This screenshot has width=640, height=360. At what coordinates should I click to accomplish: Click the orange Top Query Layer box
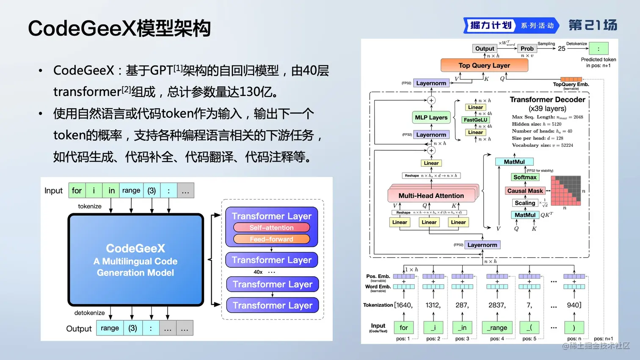(484, 65)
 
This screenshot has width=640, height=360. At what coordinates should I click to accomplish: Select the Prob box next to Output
(527, 49)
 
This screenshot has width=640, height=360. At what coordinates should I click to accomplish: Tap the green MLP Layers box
(431, 117)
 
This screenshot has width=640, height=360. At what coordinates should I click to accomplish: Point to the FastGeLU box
(475, 120)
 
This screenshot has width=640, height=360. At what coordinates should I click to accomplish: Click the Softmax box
(525, 177)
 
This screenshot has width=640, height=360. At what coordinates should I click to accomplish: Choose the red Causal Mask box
(525, 191)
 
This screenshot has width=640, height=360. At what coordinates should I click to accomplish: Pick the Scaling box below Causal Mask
(525, 203)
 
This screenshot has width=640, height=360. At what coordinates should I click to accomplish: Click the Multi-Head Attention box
(431, 195)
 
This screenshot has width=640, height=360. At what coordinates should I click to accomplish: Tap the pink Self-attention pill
(271, 228)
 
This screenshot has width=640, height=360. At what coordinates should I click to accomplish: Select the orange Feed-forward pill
(271, 239)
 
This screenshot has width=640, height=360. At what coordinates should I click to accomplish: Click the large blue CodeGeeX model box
(135, 260)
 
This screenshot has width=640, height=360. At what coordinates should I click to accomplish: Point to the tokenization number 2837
(497, 305)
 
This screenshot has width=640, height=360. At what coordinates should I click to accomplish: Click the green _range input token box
(497, 327)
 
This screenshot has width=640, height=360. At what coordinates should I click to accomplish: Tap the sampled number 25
(562, 49)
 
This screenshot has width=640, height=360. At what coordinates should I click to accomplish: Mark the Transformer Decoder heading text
(547, 99)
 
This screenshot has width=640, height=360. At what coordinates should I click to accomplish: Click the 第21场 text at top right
(593, 25)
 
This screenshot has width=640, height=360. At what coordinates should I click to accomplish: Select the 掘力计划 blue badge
(491, 25)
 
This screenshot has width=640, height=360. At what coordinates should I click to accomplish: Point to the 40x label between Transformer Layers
(258, 272)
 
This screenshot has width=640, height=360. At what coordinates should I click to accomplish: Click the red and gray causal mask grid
(566, 190)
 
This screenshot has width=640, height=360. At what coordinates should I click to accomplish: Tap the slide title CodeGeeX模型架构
(119, 28)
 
